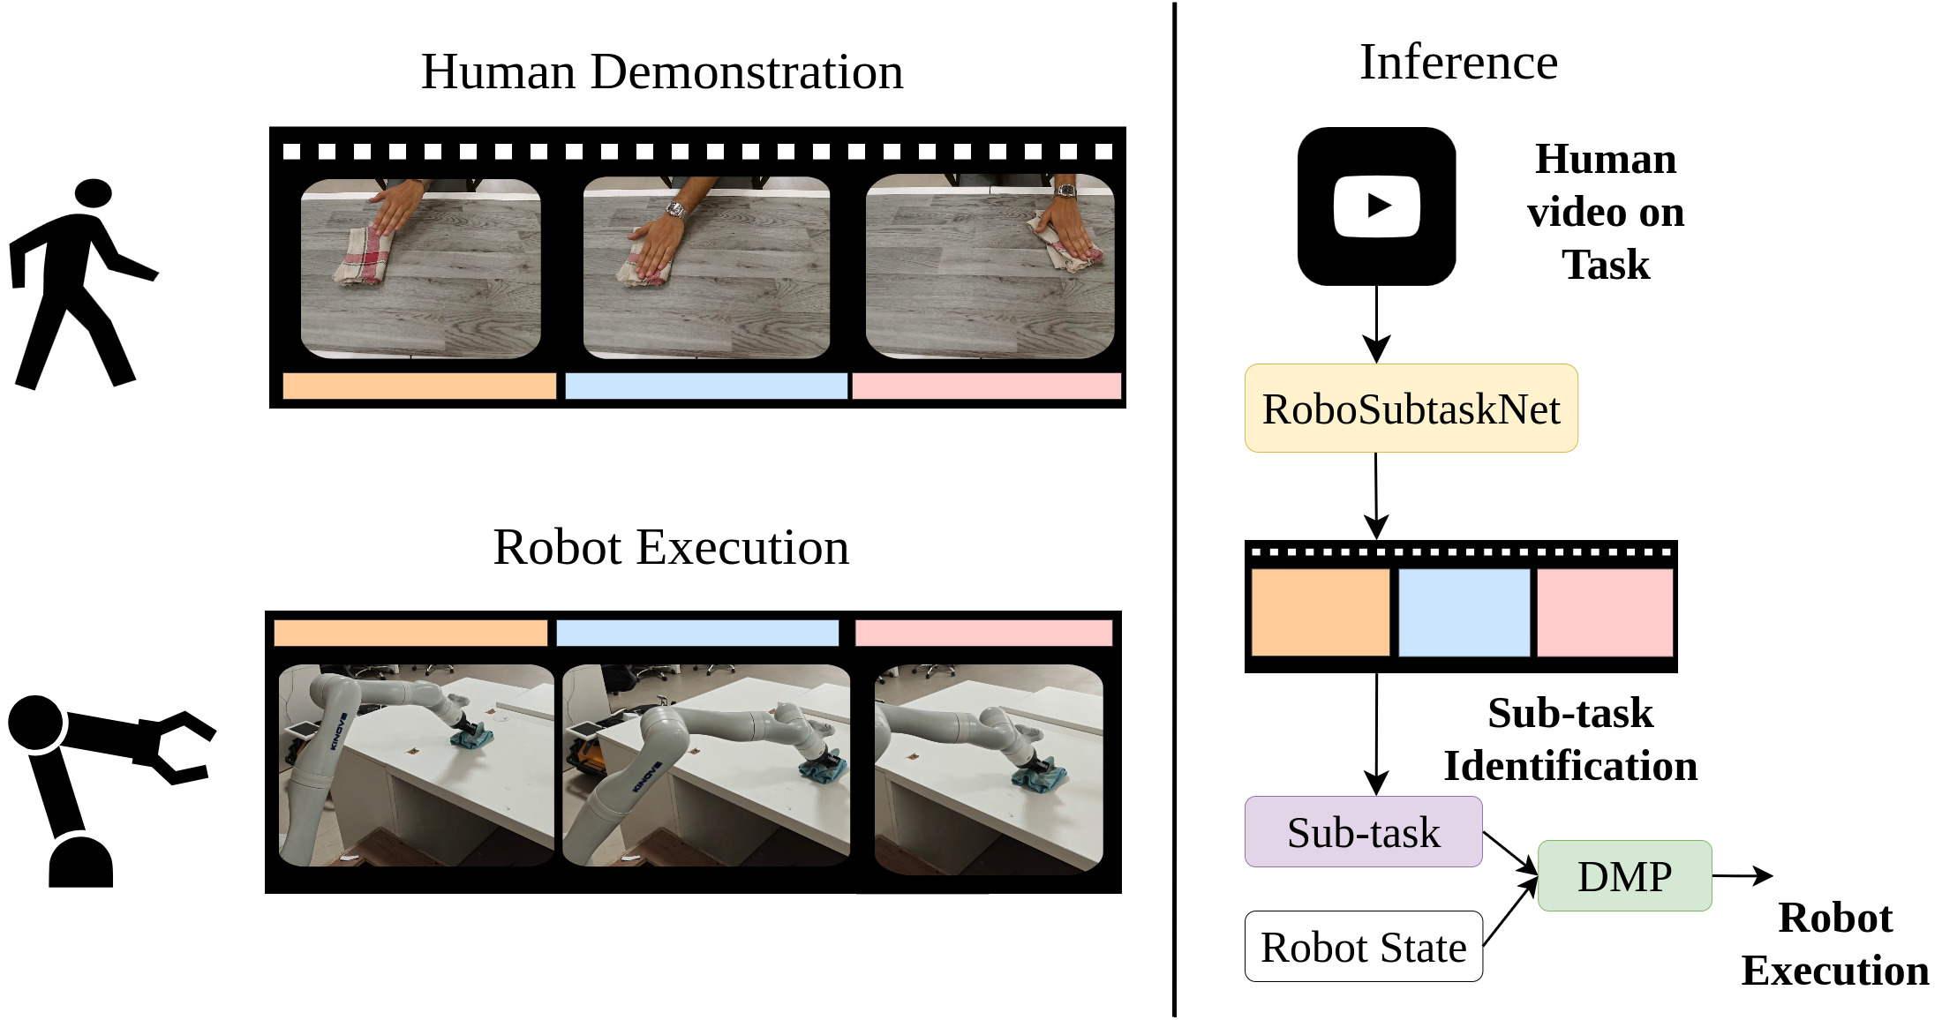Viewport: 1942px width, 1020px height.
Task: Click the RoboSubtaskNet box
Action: (1411, 409)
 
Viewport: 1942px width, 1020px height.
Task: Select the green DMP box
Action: (1624, 875)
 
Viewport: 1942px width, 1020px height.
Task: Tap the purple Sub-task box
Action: (1363, 832)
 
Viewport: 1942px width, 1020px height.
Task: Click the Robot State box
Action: (1363, 947)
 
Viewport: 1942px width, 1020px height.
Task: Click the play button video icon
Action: (1376, 206)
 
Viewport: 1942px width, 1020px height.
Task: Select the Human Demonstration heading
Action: (662, 71)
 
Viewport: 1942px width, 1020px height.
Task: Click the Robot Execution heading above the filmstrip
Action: (671, 547)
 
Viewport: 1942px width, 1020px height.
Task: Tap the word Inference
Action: (1458, 62)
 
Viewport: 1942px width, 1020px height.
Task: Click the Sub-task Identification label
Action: (1569, 739)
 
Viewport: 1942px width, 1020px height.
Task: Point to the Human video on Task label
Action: (1605, 212)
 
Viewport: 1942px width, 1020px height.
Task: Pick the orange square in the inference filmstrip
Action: (1320, 611)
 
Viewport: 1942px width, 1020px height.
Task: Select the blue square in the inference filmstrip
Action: (1464, 611)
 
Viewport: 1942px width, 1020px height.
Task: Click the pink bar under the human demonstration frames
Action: (986, 386)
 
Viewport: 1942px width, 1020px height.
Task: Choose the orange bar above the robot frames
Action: (410, 633)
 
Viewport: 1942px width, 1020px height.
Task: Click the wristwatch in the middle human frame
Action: (675, 210)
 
